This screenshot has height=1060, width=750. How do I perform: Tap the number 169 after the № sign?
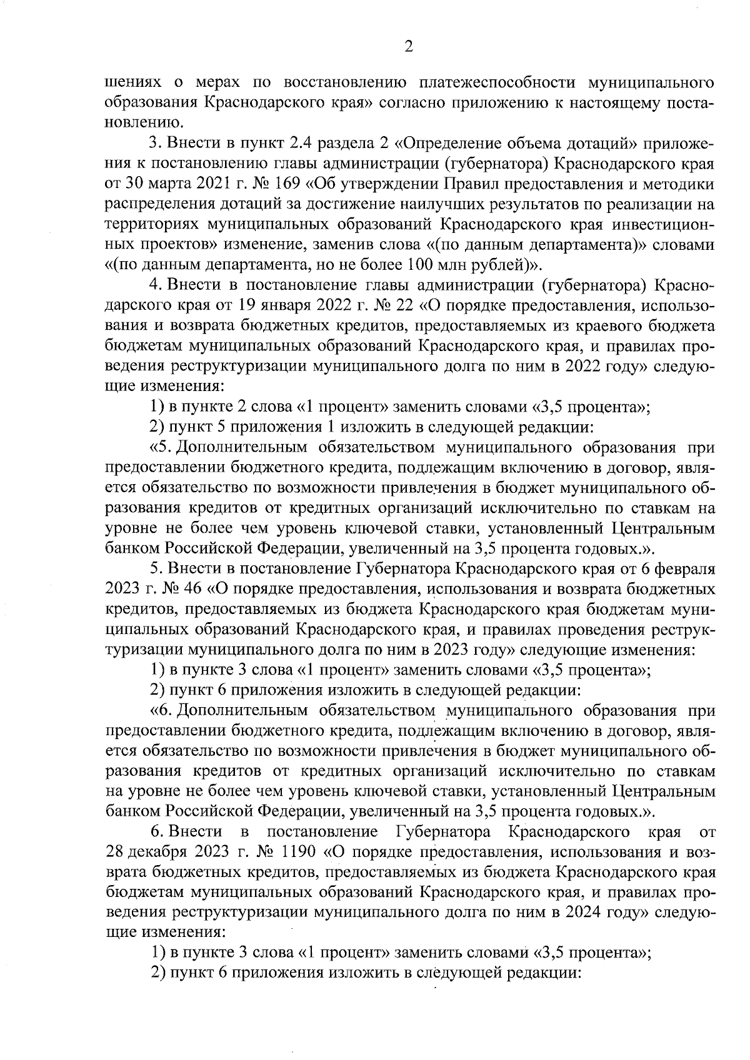[291, 185]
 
